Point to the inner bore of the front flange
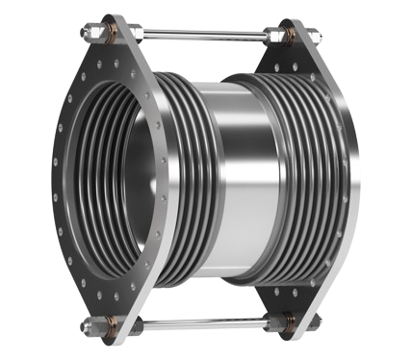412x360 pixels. tap(106, 183)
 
